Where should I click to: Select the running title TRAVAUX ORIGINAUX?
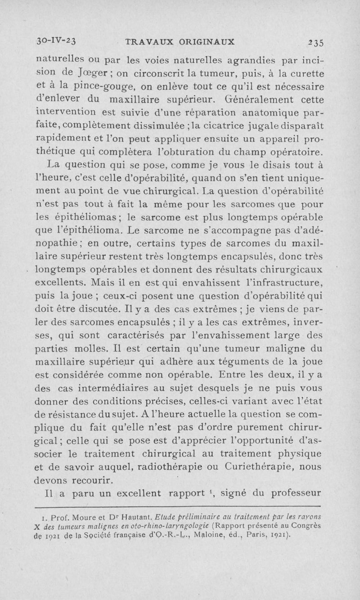[180, 41]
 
